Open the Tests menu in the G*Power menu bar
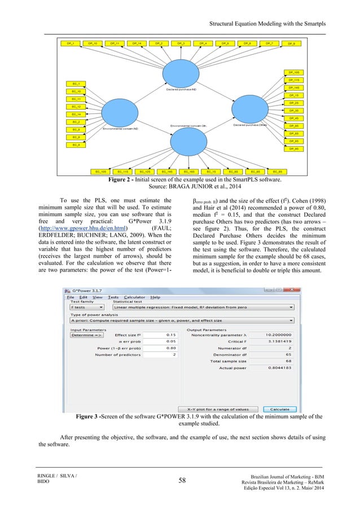point(113,297)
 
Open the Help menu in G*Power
point(155,297)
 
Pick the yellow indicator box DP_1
point(70,43)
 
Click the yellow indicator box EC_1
point(75,84)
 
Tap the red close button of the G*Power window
point(293,289)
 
